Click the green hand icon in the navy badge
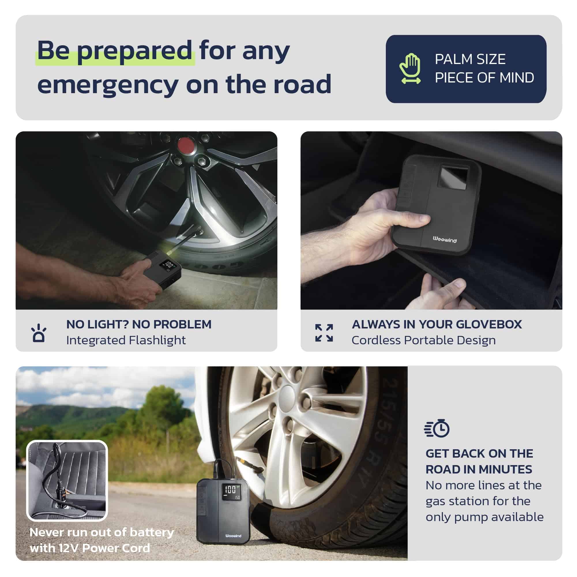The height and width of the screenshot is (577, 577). coord(410,68)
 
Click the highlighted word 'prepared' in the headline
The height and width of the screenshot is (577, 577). coord(134,51)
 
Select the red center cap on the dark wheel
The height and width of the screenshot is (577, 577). coord(186,145)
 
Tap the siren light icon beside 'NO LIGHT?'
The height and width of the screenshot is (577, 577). coord(39,333)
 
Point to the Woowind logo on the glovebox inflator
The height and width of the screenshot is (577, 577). coord(445,240)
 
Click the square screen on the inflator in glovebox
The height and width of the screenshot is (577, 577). coord(453,177)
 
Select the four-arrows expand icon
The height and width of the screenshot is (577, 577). coord(324,333)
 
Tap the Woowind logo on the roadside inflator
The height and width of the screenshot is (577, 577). coord(233,536)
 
